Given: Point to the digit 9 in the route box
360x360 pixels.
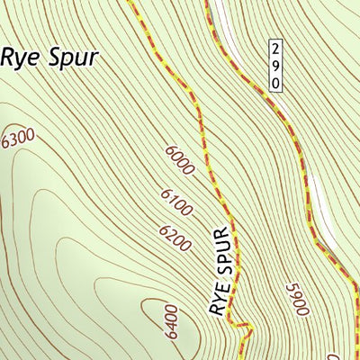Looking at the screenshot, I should click(x=276, y=65).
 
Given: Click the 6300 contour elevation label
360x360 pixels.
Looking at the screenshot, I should click(x=18, y=139).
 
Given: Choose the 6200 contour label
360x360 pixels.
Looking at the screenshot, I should click(x=175, y=238).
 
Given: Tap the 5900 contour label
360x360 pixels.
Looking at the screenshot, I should click(x=296, y=298).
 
